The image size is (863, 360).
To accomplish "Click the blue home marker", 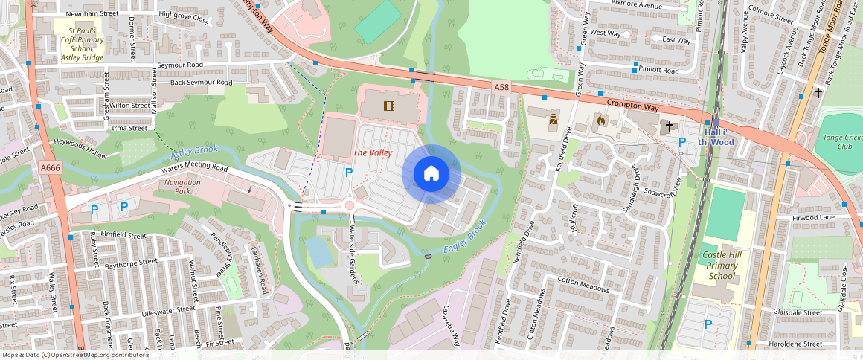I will tap(431, 174).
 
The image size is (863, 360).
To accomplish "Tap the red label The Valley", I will tap(372, 152).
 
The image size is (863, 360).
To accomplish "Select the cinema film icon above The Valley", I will tap(388, 106).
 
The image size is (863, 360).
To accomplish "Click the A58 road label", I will tap(501, 88).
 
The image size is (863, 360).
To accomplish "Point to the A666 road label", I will tap(51, 168).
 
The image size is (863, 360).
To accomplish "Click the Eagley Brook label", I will tap(465, 237).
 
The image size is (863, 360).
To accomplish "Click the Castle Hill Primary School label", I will tap(720, 266).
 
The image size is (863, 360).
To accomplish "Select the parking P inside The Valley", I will tap(348, 173).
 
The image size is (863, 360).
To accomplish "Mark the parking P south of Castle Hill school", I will tap(708, 324).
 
